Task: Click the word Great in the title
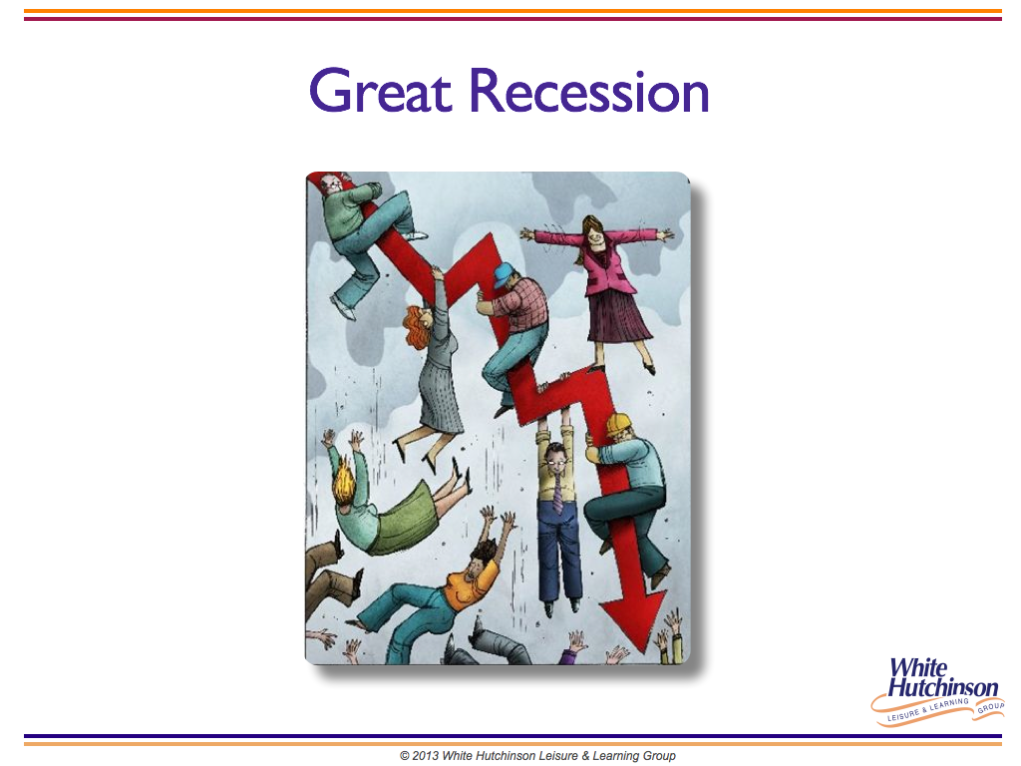[380, 91]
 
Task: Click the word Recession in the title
[589, 91]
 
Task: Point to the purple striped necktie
[557, 493]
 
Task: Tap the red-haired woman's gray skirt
[439, 397]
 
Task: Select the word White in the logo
[918, 668]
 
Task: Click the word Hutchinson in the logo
[943, 687]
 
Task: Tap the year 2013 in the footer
[425, 756]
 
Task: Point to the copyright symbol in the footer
[405, 756]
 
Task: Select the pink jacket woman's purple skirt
[617, 316]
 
